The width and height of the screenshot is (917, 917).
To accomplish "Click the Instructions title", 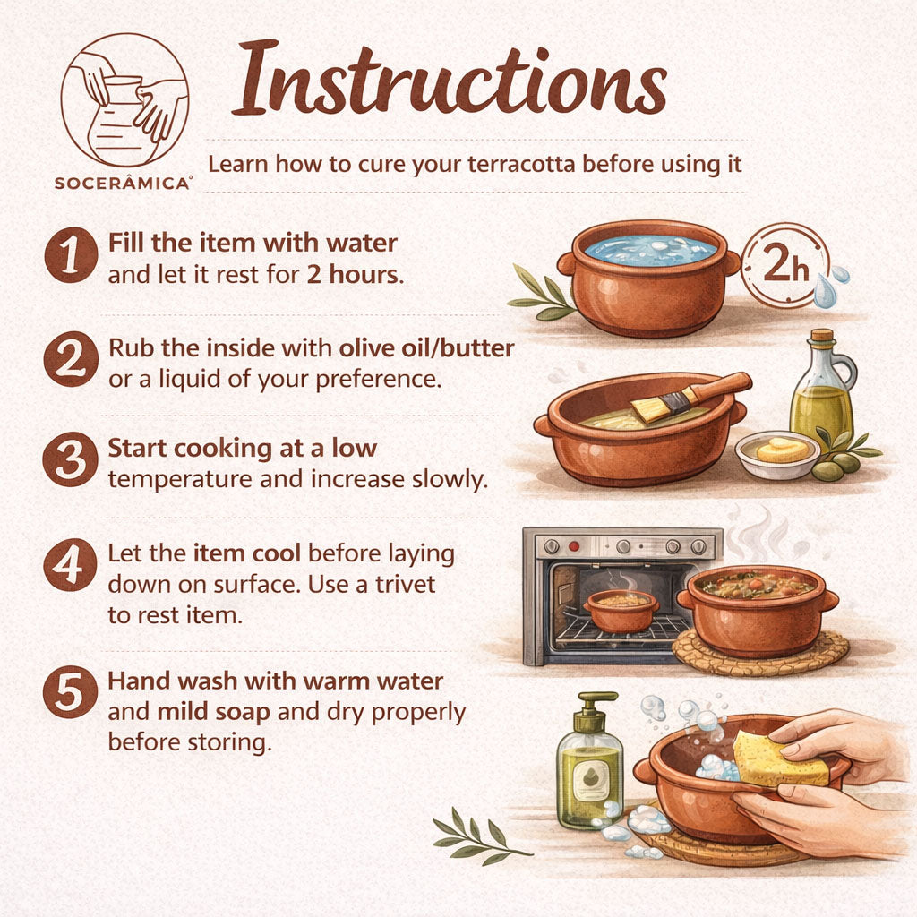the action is pos(450,78).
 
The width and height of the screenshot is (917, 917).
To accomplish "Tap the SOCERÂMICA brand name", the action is pos(123,183).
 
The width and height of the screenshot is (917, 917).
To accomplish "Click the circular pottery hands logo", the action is pos(124,99).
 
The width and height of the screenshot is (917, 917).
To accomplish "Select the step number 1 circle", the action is pos(71,255).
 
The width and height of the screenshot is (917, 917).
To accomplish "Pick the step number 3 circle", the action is pos(71,459).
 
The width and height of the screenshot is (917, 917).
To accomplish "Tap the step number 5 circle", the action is pos(70,692).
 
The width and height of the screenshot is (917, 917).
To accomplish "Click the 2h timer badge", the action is pos(785,264).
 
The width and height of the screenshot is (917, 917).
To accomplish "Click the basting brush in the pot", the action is pos(690,397).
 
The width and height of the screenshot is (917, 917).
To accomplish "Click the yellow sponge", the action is pos(780,758).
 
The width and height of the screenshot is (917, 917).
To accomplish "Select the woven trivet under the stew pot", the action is pos(760,652).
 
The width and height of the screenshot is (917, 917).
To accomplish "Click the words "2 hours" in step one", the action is pos(355,274).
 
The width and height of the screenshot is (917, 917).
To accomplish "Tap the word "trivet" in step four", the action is pos(406,584).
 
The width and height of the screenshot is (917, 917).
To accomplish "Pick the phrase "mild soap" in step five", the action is pos(213,712).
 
